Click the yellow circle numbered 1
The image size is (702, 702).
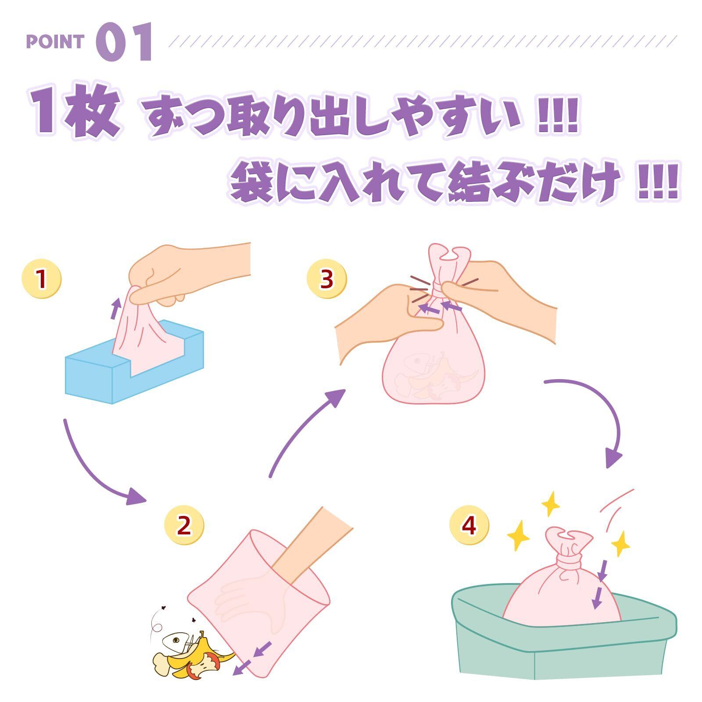[42, 279]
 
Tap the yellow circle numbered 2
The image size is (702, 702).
[184, 525]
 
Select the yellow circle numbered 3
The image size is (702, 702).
[326, 279]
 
